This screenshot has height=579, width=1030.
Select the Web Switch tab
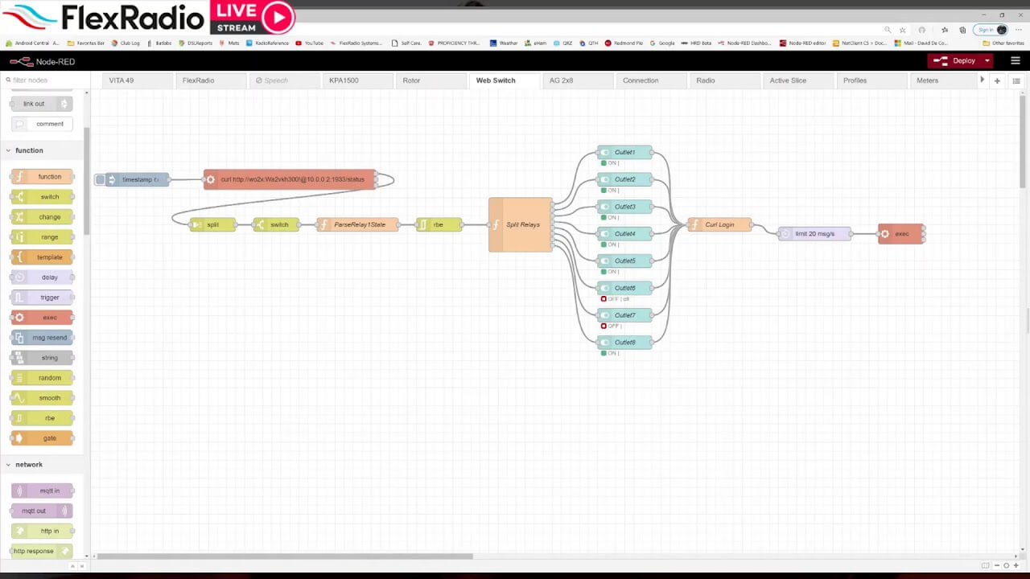496,80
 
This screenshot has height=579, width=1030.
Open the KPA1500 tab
344,80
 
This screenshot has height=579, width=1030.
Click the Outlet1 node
624,153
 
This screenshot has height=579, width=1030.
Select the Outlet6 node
624,288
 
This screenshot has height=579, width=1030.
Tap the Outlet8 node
624,343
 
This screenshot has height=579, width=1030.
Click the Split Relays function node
521,224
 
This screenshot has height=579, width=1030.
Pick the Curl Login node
719,225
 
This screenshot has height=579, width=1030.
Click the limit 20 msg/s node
814,234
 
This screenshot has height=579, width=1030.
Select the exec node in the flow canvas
901,234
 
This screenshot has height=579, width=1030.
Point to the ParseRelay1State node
359,225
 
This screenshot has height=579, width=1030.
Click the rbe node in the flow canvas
439,225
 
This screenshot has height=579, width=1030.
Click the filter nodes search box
44,80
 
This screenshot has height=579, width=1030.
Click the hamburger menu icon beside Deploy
1016,61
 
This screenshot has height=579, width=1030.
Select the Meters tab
927,80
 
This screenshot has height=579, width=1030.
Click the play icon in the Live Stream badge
278,16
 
